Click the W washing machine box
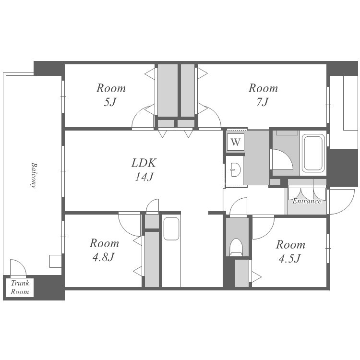pos(235,142)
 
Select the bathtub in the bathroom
pos(313,153)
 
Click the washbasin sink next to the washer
pos(235,169)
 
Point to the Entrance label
pos(307,201)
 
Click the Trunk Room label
pos(20,288)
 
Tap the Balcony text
pos(34,175)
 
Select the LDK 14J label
pos(144,169)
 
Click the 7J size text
pos(263,102)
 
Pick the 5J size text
pos(110,102)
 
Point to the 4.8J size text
pos(104,257)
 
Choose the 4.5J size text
pos(290,259)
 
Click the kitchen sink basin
pos(171,228)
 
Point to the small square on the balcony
pos(56,261)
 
